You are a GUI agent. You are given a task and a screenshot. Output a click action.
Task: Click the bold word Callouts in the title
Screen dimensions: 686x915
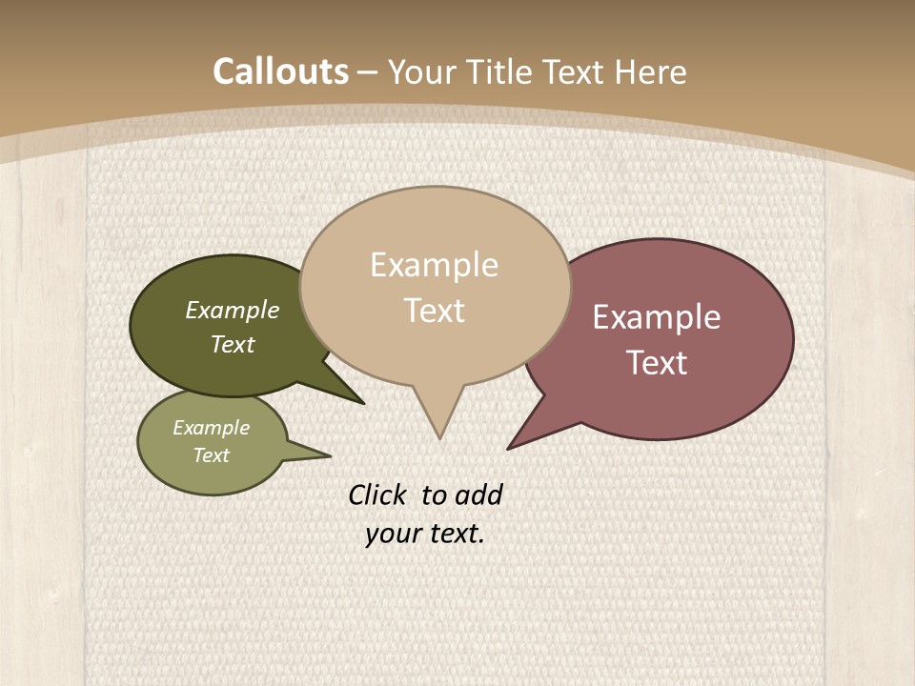click(280, 71)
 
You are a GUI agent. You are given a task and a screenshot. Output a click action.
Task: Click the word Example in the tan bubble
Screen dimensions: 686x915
click(434, 265)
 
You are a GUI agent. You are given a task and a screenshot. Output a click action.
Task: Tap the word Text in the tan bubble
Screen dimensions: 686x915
click(434, 311)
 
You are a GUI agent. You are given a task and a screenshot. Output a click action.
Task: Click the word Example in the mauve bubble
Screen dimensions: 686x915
click(657, 317)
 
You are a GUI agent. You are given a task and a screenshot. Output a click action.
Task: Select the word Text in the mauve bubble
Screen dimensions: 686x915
click(657, 363)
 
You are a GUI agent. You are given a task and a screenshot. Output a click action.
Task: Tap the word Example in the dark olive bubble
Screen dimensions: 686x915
click(233, 311)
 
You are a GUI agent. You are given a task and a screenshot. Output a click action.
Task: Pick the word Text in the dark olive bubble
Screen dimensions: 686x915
click(233, 345)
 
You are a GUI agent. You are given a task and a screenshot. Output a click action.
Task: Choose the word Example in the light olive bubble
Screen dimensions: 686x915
click(212, 428)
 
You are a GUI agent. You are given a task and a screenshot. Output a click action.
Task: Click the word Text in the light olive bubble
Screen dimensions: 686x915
click(212, 455)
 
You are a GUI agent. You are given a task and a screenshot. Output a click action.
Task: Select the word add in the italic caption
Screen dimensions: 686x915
click(478, 494)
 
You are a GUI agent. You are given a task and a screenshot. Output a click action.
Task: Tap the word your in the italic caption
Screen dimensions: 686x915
click(391, 534)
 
